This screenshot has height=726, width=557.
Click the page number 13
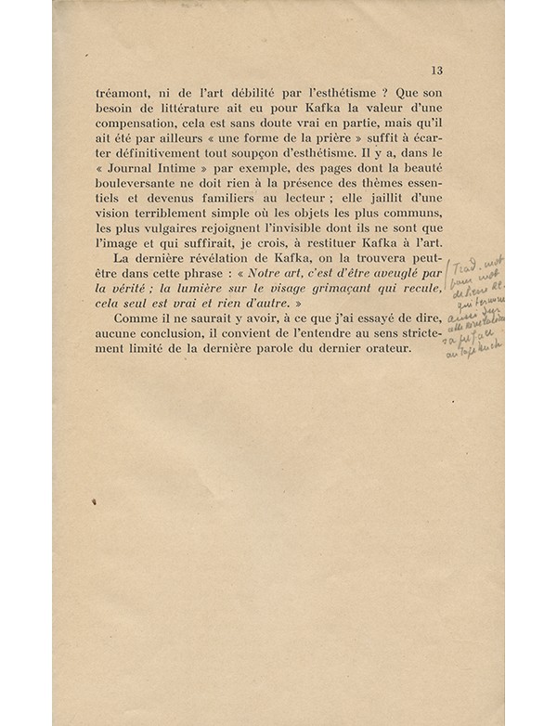[437, 70]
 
